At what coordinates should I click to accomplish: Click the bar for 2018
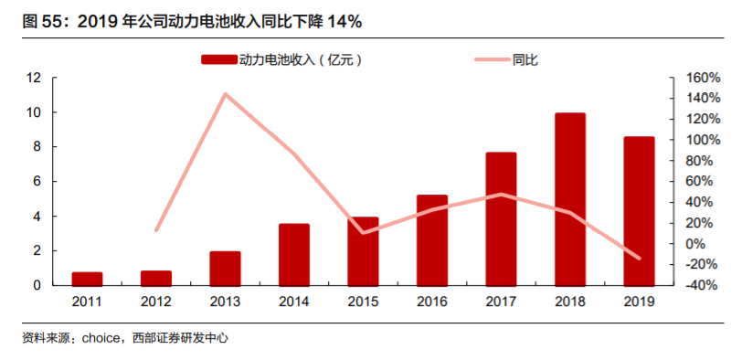pos(570,199)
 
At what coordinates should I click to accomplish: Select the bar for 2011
pos(87,279)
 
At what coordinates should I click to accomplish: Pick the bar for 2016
pos(432,239)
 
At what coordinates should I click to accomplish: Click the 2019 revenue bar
pos(639,211)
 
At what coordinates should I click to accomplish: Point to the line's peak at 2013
pos(225,94)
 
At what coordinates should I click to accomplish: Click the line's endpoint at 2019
pos(639,259)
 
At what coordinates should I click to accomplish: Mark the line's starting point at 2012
pos(156,230)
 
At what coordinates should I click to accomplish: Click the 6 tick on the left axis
pos(37,182)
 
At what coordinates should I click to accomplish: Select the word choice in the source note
pos(101,338)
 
